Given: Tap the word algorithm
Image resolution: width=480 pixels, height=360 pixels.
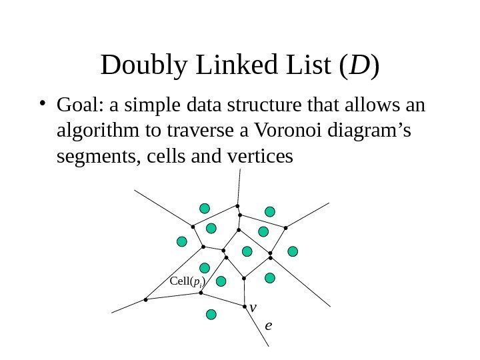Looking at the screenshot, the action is pos(91,131).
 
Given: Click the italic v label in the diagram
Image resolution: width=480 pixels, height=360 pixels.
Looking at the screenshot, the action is pos(253,307).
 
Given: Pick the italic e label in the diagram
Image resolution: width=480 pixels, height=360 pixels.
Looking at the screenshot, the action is pos(268,325).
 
